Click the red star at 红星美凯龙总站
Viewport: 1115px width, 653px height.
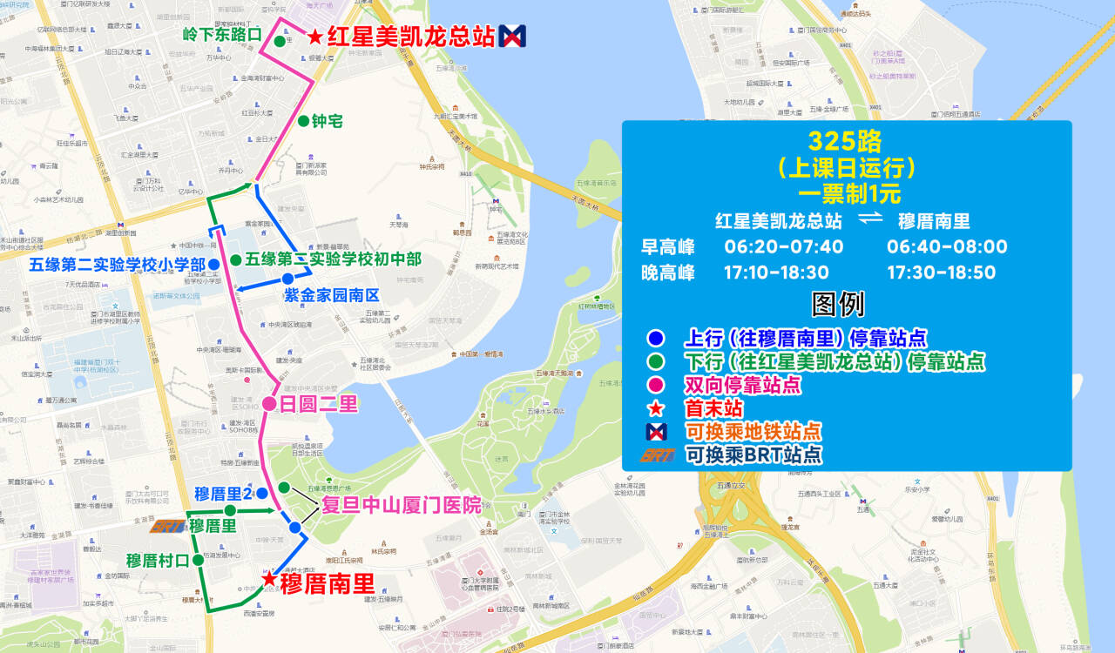click(x=314, y=37)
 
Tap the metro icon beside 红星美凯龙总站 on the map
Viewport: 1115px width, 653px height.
click(x=512, y=36)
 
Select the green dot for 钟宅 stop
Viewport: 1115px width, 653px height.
click(x=302, y=121)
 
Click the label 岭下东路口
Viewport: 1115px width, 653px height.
click(x=222, y=35)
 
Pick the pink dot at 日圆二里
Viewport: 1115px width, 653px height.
click(x=269, y=403)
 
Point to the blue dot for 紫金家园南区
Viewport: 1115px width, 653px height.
click(x=288, y=279)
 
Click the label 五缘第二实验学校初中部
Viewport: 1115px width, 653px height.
click(x=333, y=259)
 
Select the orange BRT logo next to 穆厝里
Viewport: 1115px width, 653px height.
click(x=168, y=526)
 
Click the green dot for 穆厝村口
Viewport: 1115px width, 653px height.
click(x=198, y=560)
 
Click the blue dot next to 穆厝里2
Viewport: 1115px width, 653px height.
click(x=261, y=493)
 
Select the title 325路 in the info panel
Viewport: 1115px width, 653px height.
click(x=845, y=141)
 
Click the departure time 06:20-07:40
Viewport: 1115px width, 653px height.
click(x=784, y=246)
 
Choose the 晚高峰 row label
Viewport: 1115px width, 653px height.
click(x=668, y=273)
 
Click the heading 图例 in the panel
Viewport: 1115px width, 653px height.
click(x=837, y=304)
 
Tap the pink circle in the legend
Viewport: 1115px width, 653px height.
click(x=656, y=384)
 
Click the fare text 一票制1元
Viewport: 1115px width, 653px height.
click(x=844, y=192)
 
